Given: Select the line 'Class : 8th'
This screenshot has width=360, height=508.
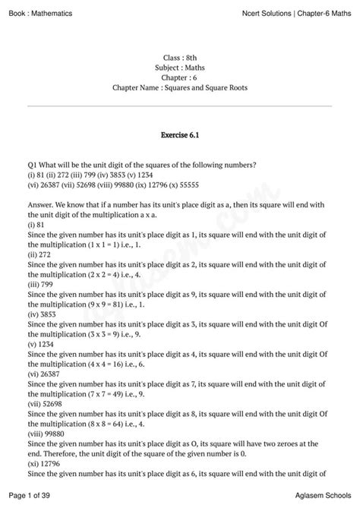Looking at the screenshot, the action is point(180,58).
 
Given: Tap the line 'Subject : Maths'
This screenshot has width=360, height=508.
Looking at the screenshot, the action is point(180,68).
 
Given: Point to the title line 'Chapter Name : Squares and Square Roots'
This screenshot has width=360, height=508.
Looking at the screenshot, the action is point(180,88).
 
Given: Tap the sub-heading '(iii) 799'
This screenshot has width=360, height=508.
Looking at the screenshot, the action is point(43,280).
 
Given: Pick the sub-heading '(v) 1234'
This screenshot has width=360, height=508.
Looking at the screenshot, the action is point(43,345).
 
